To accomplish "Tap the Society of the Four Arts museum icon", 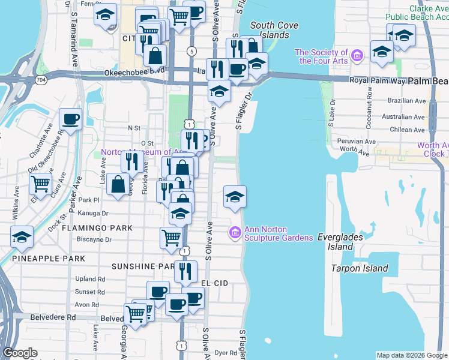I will click(357, 56).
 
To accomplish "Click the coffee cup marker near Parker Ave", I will click(70, 119).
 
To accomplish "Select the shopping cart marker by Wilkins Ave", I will click(40, 183).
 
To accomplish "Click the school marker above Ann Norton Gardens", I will click(235, 196).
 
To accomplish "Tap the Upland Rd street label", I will click(90, 279).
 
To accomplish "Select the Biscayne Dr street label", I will click(95, 239).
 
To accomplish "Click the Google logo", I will click(20, 353).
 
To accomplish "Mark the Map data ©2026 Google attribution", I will click(411, 355).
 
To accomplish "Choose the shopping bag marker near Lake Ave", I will click(118, 185).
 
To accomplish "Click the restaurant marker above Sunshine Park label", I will click(185, 271).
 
